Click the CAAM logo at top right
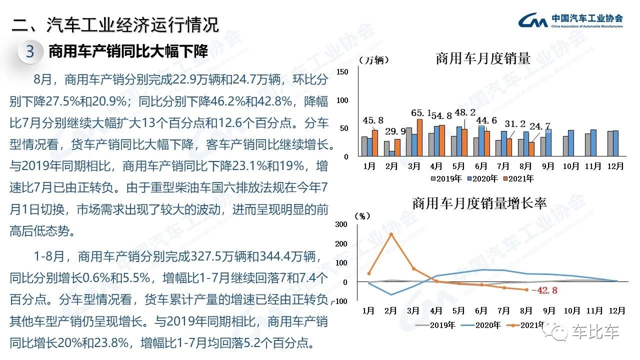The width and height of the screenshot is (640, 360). tap(570, 20)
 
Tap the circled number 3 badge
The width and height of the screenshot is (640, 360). tap(30, 51)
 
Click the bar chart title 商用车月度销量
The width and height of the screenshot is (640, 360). tap(482, 58)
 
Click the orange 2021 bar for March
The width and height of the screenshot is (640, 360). tap(419, 137)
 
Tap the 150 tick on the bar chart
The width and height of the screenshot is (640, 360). tap(342, 72)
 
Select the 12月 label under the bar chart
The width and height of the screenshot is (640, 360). tap(615, 165)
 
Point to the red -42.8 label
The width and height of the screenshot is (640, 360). tap(544, 290)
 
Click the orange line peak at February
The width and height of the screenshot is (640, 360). tap(391, 234)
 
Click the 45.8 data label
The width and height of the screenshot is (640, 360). tap(373, 120)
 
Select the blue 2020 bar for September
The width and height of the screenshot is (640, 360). tap(548, 142)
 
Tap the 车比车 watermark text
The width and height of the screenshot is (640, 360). tap(602, 332)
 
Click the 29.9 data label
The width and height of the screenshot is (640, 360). tap(395, 131)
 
